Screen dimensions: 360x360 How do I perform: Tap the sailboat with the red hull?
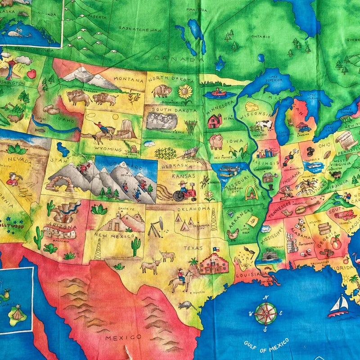click(339, 307)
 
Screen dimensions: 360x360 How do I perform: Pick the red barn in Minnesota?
click(215, 121)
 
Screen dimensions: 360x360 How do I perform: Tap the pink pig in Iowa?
click(216, 141)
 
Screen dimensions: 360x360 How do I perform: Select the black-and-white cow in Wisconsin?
click(265, 125)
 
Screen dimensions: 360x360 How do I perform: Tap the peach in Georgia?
click(336, 243)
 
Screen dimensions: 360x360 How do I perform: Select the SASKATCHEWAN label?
click(140, 29)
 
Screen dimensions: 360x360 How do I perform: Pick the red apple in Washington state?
click(31, 74)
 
